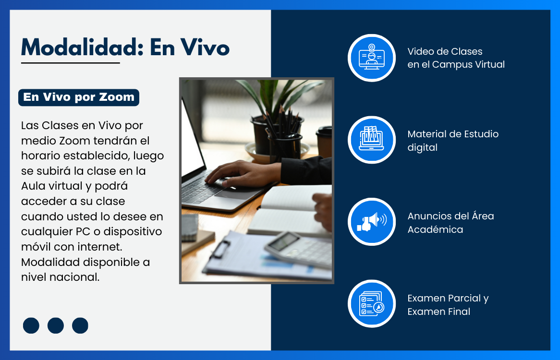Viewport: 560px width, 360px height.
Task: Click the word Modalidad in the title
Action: (x=82, y=48)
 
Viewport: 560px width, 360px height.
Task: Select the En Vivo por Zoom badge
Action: (x=79, y=97)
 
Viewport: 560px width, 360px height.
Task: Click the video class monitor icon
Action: (x=371, y=58)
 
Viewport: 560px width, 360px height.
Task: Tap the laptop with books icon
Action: (x=371, y=140)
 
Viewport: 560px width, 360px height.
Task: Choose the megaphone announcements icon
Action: (x=371, y=222)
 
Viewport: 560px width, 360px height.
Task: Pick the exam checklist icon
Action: (x=371, y=304)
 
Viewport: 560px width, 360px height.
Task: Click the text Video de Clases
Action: (x=445, y=51)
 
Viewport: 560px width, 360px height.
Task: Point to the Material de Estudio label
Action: (x=453, y=134)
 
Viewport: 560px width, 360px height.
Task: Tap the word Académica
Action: (x=435, y=229)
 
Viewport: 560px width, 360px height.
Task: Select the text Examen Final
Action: (x=439, y=312)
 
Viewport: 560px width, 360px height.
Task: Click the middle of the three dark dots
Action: (x=55, y=325)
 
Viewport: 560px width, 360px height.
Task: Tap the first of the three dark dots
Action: (x=31, y=325)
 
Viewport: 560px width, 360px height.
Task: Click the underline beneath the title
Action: (x=70, y=63)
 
